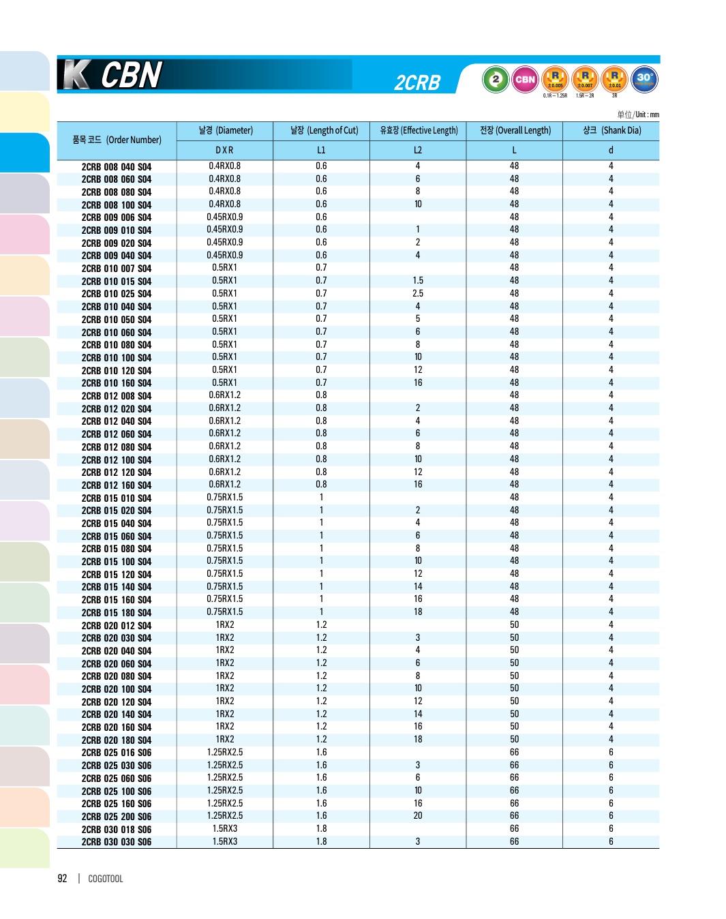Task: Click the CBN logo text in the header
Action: tap(132, 75)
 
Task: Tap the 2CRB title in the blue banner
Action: tap(417, 82)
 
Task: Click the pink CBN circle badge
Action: tap(525, 79)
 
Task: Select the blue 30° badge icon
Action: tap(644, 79)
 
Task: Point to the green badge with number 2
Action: tap(496, 79)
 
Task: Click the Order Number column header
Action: tap(117, 140)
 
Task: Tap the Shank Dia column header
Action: tap(611, 130)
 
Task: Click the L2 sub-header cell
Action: tap(418, 150)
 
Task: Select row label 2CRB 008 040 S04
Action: tap(117, 167)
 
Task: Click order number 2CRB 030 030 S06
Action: tap(117, 842)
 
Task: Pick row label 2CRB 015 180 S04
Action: tap(117, 613)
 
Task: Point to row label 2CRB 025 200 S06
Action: tap(117, 817)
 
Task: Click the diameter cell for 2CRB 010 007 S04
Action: tap(224, 268)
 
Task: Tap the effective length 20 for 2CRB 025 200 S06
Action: tap(418, 815)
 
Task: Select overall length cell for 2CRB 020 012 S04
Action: tap(514, 624)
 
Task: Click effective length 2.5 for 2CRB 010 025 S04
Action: tap(418, 293)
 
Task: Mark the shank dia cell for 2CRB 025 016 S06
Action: tap(611, 752)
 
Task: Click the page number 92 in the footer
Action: tap(62, 879)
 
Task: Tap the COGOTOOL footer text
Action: tap(106, 879)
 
